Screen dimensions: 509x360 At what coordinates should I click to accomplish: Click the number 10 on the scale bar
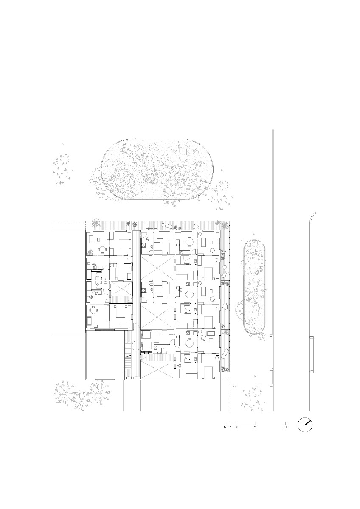[286, 427]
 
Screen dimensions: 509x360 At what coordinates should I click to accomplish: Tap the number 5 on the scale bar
[255, 427]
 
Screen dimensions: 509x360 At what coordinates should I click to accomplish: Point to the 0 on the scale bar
[225, 427]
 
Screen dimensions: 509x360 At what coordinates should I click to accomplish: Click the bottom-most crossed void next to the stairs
[157, 369]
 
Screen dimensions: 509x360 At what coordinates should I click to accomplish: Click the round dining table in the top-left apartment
[104, 250]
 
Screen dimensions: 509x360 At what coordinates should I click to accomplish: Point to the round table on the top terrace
[195, 226]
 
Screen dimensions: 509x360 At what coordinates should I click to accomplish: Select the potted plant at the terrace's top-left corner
[97, 223]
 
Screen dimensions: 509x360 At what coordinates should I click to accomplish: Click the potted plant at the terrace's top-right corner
[219, 223]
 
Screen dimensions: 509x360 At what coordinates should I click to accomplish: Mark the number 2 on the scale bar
[237, 427]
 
